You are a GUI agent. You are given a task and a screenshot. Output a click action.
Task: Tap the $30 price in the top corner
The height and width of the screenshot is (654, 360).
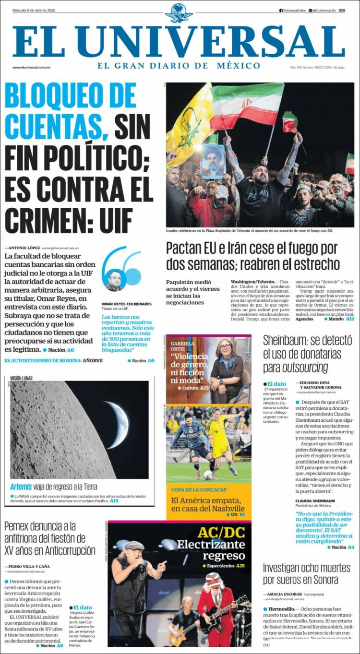click(342, 11)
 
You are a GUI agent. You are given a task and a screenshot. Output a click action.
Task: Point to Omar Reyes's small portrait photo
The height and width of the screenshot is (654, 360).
click(114, 280)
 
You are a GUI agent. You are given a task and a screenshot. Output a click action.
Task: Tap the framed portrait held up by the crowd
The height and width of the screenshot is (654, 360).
click(213, 161)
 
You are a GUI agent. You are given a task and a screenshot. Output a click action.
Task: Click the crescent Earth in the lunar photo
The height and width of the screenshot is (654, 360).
click(118, 425)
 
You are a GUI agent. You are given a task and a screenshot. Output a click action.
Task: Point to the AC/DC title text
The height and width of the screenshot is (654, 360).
click(221, 532)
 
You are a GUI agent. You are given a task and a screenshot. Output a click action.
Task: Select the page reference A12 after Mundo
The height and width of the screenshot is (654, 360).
click(350, 319)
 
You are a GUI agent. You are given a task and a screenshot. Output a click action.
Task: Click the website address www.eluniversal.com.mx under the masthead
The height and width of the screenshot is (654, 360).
click(32, 67)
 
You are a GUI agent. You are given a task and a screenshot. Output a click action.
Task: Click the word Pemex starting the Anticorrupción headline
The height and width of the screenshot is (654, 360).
click(20, 526)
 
